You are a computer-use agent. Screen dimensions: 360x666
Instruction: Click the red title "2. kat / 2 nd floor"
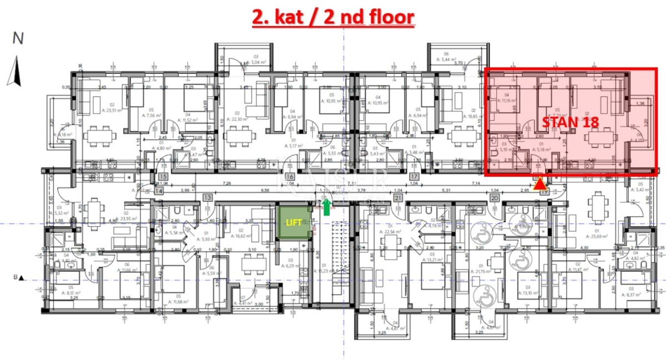(333, 17)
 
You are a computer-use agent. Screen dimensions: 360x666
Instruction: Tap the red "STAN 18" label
(570, 122)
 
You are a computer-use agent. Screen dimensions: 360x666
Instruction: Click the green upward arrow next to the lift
(327, 206)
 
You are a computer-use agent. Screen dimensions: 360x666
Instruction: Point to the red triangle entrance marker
(539, 184)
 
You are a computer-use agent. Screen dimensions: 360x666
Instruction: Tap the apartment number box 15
(163, 178)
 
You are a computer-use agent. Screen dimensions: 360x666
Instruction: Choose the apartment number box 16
(289, 178)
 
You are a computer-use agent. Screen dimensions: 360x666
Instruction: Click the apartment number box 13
(208, 197)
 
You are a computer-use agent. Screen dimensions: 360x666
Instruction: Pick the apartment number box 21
(397, 198)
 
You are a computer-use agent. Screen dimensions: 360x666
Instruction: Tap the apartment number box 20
(493, 198)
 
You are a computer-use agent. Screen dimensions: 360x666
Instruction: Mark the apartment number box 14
(159, 190)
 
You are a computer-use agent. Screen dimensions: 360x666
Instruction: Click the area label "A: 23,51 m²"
(97, 109)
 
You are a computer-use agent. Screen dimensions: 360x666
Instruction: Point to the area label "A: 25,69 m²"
(598, 236)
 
